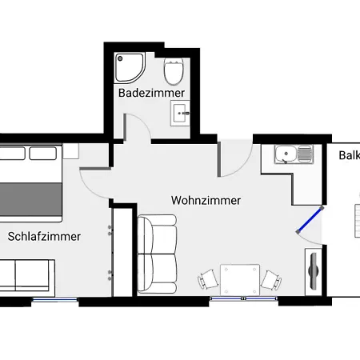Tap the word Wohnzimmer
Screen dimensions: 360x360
pos(206,200)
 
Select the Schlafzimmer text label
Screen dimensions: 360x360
pos(45,236)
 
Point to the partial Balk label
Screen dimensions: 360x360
pos(349,155)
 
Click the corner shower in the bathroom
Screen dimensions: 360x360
pos(128,68)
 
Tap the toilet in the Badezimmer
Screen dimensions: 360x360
pos(172,71)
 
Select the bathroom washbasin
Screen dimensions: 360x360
pos(181,113)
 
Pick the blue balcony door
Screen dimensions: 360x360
pos(309,222)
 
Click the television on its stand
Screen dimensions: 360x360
pos(313,268)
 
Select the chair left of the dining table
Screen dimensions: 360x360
pos(208,278)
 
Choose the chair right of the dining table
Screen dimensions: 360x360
pos(272,278)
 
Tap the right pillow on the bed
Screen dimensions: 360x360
pos(40,153)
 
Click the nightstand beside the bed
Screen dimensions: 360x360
pos(70,150)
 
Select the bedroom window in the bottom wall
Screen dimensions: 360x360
pos(54,300)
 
